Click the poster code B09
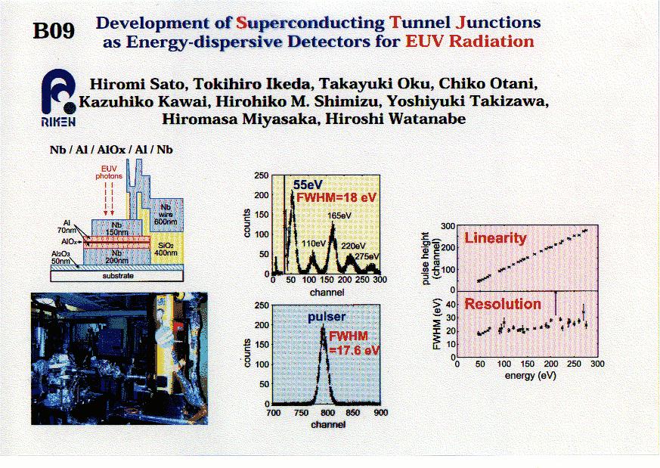[54, 30]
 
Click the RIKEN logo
[58, 98]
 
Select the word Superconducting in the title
[310, 23]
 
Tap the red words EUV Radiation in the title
[469, 42]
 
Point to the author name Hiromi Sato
[138, 84]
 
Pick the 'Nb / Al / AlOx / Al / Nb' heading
[111, 150]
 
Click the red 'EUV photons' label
[109, 172]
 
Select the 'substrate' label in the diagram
[118, 276]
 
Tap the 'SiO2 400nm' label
[166, 249]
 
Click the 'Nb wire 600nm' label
[166, 214]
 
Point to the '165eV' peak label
[339, 215]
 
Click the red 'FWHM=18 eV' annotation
[336, 197]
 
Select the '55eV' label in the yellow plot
[308, 184]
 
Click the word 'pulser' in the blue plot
[326, 317]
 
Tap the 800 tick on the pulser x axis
[327, 413]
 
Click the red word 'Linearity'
[495, 238]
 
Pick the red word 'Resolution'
[503, 304]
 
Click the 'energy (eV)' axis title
[531, 375]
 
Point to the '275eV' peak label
[367, 256]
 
